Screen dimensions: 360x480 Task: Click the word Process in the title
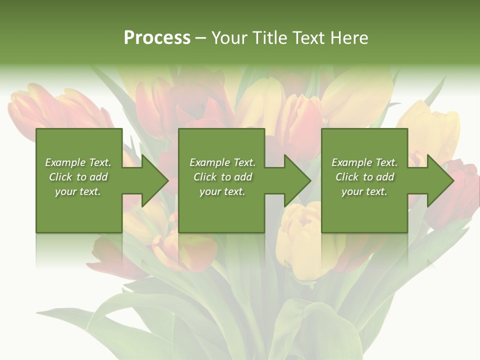pos(157,38)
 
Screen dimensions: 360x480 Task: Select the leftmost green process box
pos(78,210)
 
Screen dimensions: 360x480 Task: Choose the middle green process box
pos(221,210)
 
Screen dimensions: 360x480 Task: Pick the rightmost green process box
pos(364,210)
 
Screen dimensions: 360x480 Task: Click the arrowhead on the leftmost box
pos(153,180)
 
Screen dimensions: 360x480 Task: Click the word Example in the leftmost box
pos(62,162)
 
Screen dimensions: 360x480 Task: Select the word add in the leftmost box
pos(98,177)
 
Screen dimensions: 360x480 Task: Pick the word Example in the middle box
pos(206,162)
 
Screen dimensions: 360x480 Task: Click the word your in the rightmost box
pos(352,191)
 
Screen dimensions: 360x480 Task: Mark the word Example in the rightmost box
pos(348,162)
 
